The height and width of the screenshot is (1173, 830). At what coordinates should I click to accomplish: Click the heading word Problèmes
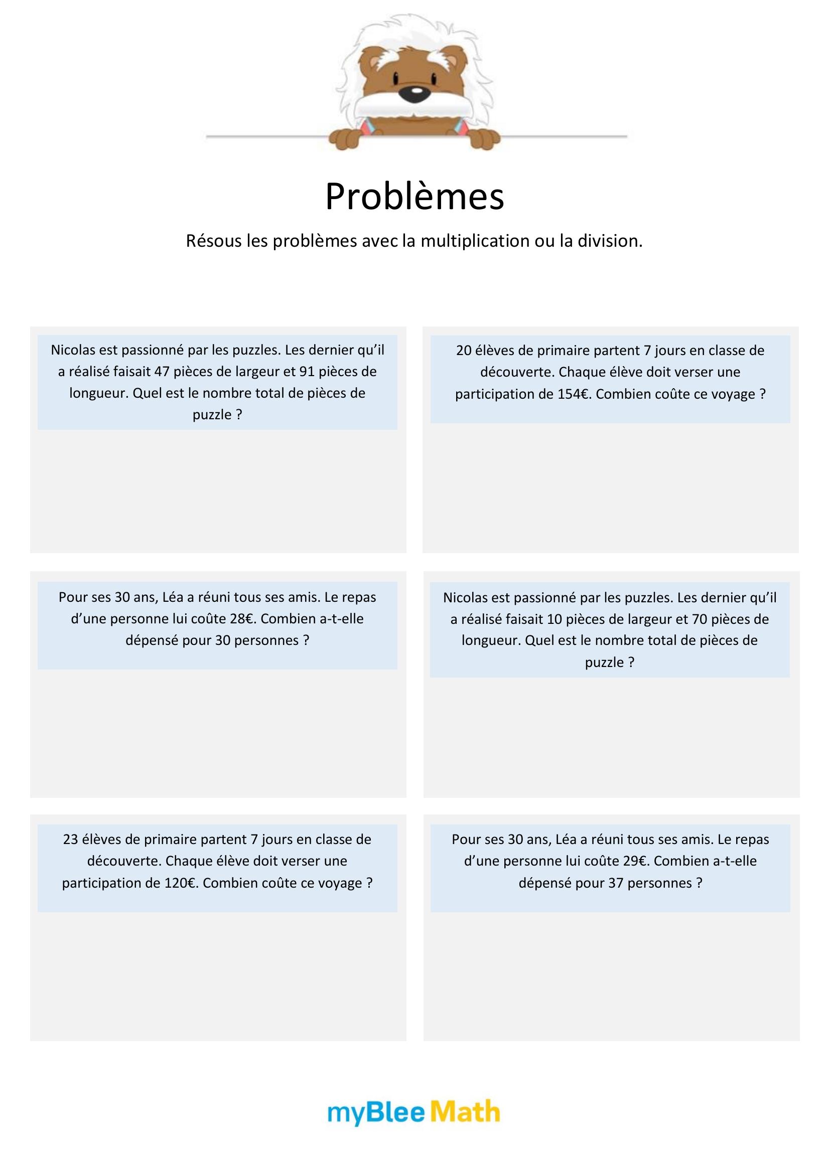[x=414, y=197]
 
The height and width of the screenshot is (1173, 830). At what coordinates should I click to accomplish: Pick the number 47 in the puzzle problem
[x=161, y=372]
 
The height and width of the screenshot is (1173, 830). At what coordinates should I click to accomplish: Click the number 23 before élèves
[x=71, y=839]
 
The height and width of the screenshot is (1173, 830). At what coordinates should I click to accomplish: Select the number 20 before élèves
[x=464, y=351]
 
